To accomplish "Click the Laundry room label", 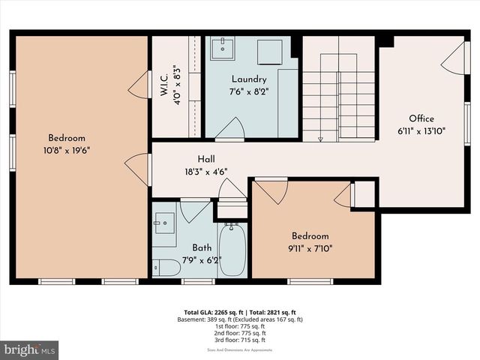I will coord(249,79).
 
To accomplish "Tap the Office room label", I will coord(421,118).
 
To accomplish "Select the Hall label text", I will coord(207,159).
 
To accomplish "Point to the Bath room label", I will coord(201,247).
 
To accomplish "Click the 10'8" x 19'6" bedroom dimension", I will coord(67,149).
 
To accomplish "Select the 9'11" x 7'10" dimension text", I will coord(310,247).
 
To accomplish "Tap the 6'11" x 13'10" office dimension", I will coord(421,130).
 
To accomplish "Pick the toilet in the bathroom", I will coord(166,267).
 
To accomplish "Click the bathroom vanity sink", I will coord(164,223).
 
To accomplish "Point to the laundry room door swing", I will coord(230,129).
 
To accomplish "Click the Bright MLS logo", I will coord(30,349).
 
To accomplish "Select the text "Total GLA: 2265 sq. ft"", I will coord(211,312).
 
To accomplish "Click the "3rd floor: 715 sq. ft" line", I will coord(237,340).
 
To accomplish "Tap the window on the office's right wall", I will coord(467,124).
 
